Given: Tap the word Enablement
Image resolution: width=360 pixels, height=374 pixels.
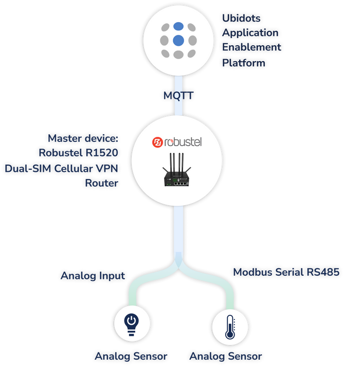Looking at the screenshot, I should point(252,48).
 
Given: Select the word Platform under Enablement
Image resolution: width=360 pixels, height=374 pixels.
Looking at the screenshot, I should point(244,63).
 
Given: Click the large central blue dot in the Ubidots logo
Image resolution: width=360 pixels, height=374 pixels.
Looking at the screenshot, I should point(178,40).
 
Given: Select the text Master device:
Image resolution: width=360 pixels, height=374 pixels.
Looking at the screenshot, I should point(84,138).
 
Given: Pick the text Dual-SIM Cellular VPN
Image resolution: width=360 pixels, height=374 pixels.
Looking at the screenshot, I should point(61,168).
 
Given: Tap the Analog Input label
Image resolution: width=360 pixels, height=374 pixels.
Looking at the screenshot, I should point(93,276).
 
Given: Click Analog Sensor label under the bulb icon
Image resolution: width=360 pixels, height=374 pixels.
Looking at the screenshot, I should point(131,356).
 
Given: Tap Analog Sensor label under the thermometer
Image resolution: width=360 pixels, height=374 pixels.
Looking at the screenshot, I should point(227,356).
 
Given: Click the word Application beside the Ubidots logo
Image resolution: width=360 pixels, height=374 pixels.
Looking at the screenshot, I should point(250,33).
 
